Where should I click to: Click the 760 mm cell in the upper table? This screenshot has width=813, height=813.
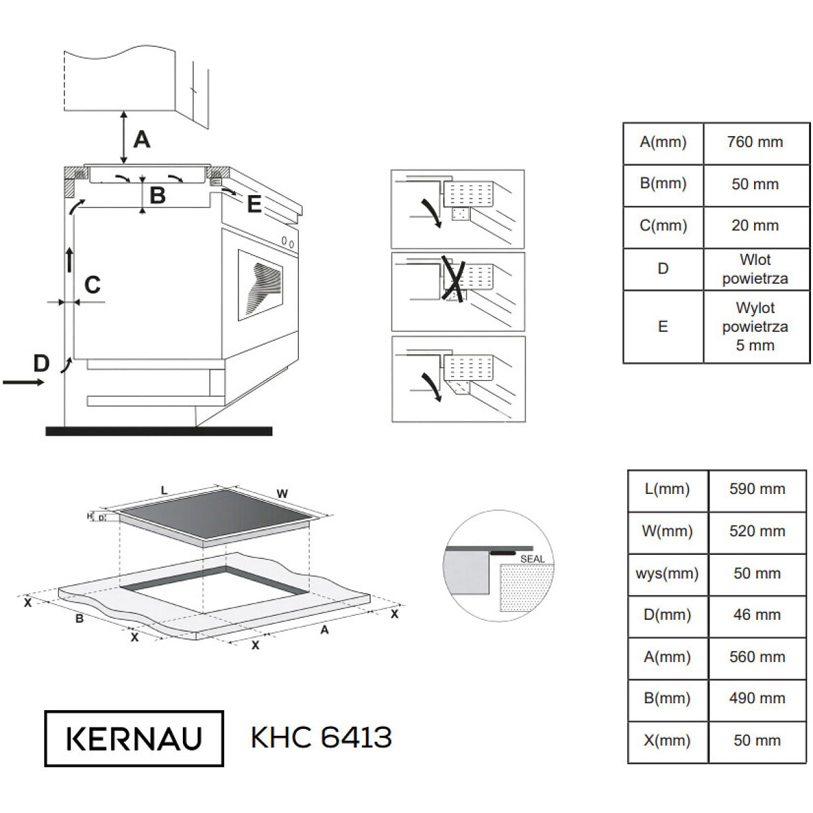pyautogui.click(x=755, y=142)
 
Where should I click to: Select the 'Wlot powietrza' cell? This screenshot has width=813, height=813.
pyautogui.click(x=755, y=269)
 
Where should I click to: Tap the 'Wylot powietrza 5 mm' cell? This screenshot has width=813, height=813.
pyautogui.click(x=755, y=327)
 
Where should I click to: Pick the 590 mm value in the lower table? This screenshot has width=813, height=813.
pyautogui.click(x=757, y=489)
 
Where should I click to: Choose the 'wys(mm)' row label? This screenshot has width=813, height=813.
pyautogui.click(x=667, y=573)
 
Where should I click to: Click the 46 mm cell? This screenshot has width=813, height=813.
pyautogui.click(x=757, y=614)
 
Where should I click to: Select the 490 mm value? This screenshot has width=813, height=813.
pyautogui.click(x=757, y=699)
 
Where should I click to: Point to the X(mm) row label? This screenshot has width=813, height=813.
pyautogui.click(x=667, y=741)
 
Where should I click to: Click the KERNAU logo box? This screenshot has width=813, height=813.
pyautogui.click(x=134, y=738)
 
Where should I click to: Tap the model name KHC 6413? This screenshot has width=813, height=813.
pyautogui.click(x=322, y=738)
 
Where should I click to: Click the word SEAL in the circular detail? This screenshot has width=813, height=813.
pyautogui.click(x=533, y=559)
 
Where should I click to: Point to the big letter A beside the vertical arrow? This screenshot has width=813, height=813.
pyautogui.click(x=142, y=140)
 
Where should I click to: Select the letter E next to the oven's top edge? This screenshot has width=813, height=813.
pyautogui.click(x=255, y=204)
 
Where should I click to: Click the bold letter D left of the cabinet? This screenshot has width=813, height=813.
pyautogui.click(x=41, y=363)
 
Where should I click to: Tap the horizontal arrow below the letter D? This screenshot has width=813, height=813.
pyautogui.click(x=23, y=382)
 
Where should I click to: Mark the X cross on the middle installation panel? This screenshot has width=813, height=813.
pyautogui.click(x=453, y=278)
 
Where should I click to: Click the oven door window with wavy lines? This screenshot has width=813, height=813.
pyautogui.click(x=260, y=285)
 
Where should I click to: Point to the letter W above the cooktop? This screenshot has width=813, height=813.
pyautogui.click(x=283, y=494)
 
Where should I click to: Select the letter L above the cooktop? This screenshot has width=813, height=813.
pyautogui.click(x=164, y=491)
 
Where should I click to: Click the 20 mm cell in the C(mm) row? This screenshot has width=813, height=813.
pyautogui.click(x=755, y=226)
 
